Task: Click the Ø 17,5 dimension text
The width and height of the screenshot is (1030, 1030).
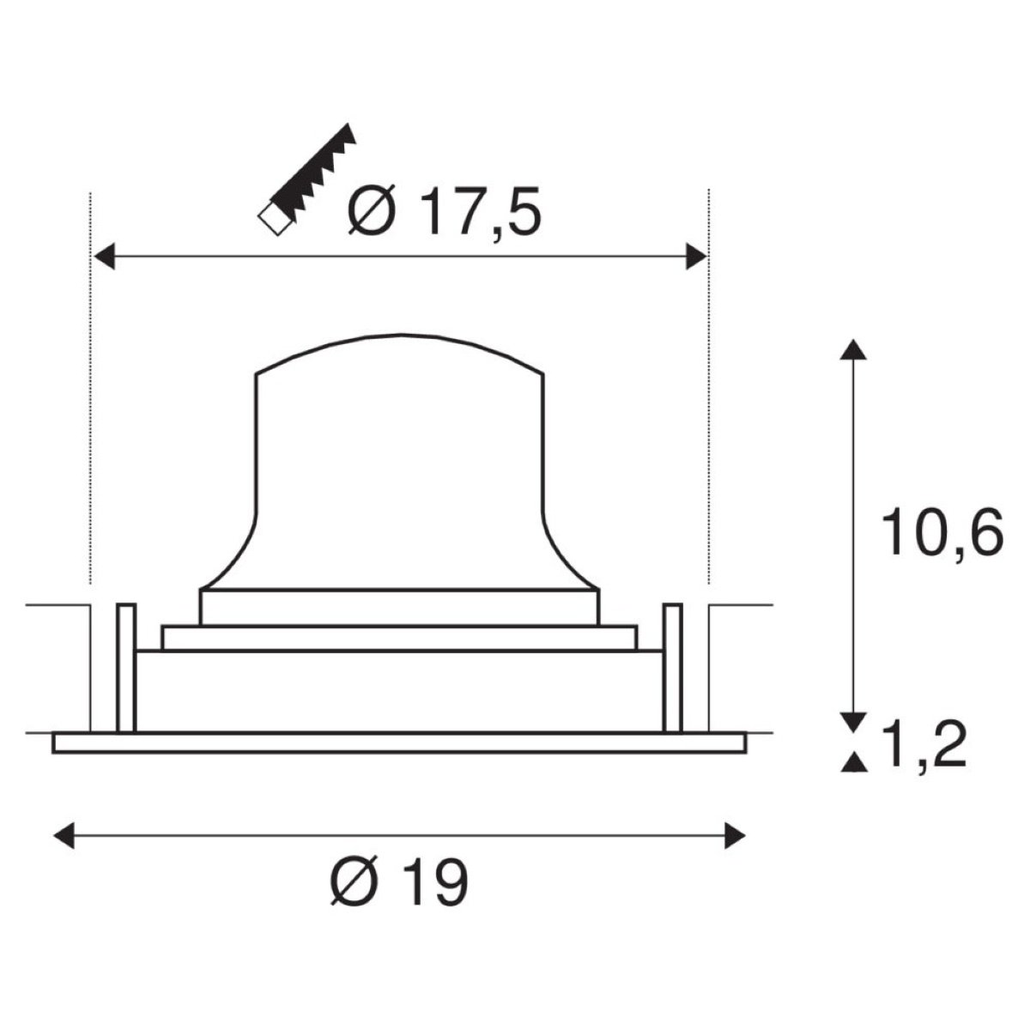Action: pos(445,211)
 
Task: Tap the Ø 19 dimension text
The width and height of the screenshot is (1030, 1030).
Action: pos(399,882)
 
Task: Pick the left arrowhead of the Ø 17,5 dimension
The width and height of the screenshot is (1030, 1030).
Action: pos(104,257)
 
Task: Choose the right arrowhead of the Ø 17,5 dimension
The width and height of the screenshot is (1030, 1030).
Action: pos(696,257)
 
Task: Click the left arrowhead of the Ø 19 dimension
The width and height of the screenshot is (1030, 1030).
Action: pos(64,835)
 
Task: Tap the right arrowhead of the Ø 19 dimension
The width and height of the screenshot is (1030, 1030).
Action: pos(735,835)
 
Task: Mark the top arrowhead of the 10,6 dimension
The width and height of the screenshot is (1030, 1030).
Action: pos(853,348)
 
